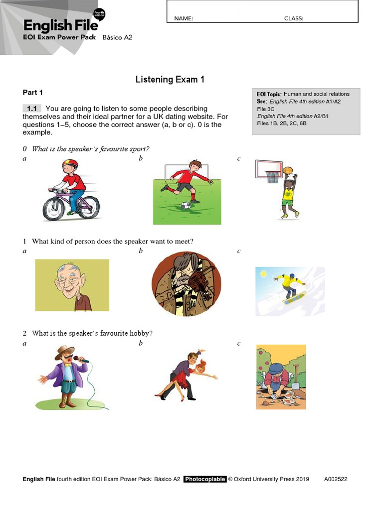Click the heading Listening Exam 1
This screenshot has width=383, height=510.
(x=170, y=80)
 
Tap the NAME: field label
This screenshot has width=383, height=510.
(x=184, y=18)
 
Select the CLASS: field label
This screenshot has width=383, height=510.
(x=294, y=18)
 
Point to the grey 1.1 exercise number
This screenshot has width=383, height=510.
(x=32, y=109)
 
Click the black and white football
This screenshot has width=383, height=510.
(x=186, y=206)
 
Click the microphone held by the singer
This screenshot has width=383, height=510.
(x=77, y=358)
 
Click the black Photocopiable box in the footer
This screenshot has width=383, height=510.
(x=204, y=480)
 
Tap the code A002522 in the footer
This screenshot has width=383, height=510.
(x=336, y=480)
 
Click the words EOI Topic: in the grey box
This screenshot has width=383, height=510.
(x=269, y=94)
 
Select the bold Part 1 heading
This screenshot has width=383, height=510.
(x=33, y=93)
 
